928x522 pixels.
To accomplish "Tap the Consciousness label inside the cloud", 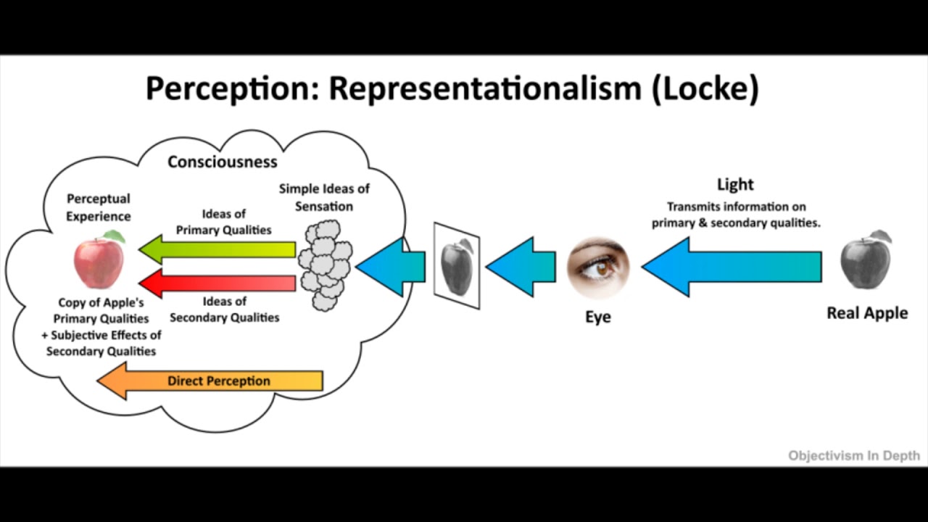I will (223, 162).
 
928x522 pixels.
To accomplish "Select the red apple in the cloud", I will (99, 264).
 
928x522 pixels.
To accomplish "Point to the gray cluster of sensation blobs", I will (326, 265).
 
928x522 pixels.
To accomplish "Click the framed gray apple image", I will (457, 266).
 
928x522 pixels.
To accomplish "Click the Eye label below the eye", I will (598, 317).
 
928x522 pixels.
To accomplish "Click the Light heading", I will (735, 184).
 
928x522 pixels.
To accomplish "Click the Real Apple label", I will (867, 313).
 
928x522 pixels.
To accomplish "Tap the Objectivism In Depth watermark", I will (854, 456).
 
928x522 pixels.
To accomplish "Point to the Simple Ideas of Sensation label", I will (324, 197).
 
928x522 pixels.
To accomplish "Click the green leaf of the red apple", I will (114, 236).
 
